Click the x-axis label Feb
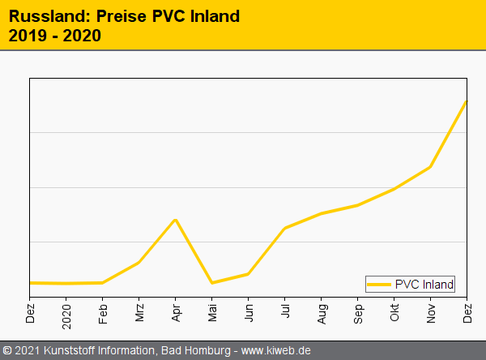[x=103, y=311]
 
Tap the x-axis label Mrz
[x=139, y=311]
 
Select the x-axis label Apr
[x=176, y=311]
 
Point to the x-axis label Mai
[x=212, y=311]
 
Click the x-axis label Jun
[x=249, y=311]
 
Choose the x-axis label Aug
[x=322, y=311]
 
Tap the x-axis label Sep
[x=358, y=311]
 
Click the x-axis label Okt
[x=394, y=311]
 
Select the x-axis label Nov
[x=431, y=311]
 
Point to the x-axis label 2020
[x=66, y=313]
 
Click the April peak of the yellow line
[x=176, y=220]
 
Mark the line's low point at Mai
[x=212, y=283]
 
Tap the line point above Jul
[x=285, y=228]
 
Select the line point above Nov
[x=431, y=166]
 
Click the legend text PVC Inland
[x=424, y=284]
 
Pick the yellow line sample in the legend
[x=379, y=284]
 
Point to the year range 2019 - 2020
[x=55, y=36]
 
